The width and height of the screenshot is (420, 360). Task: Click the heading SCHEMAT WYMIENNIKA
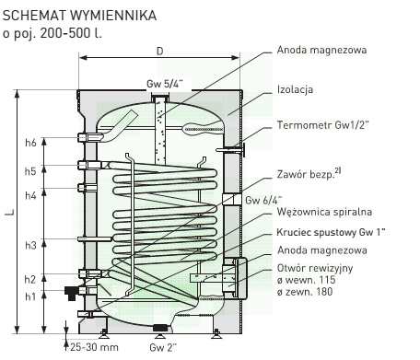coord(79,16)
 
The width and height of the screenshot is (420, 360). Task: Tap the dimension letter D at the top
coord(159,51)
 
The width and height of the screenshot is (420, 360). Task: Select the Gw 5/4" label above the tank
coord(165,84)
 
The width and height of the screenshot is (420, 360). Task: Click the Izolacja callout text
coord(295,89)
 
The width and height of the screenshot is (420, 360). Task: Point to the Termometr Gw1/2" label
coord(322,125)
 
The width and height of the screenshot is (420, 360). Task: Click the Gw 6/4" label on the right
coord(263,201)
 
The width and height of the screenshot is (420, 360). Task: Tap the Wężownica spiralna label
coord(324,212)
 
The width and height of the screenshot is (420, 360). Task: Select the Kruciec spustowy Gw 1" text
coord(331,232)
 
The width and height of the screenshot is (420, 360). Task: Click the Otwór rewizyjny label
coord(315,268)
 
